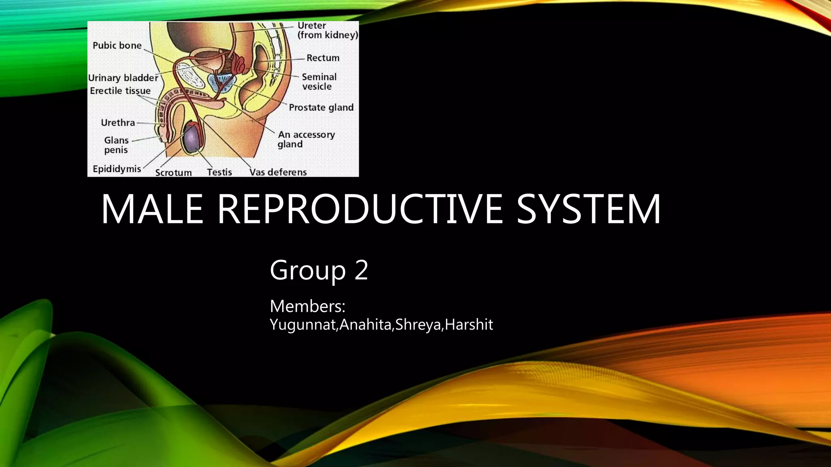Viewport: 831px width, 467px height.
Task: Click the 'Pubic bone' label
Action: (117, 45)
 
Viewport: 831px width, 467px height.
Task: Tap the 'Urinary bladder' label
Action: (123, 78)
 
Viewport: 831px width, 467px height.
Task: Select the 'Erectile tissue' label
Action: (120, 91)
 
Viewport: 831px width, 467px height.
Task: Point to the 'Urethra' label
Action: (118, 122)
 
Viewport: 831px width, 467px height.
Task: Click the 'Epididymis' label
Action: (117, 169)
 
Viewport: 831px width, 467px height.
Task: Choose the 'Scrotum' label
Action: (173, 173)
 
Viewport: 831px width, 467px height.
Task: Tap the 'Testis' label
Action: (219, 172)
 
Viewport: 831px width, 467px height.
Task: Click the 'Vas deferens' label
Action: (278, 172)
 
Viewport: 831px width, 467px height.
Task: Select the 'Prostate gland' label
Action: (321, 107)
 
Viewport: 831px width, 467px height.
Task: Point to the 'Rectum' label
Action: (323, 58)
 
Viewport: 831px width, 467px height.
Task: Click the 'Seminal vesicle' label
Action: (319, 81)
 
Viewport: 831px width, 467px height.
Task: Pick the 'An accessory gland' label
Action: (306, 139)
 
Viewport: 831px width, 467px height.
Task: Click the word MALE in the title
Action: (152, 209)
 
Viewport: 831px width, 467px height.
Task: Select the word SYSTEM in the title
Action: (588, 209)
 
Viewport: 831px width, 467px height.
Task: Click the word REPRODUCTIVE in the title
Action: (359, 209)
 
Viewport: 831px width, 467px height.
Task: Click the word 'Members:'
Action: (307, 306)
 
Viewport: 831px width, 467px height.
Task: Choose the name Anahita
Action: (365, 325)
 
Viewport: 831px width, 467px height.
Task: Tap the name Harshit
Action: (469, 325)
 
